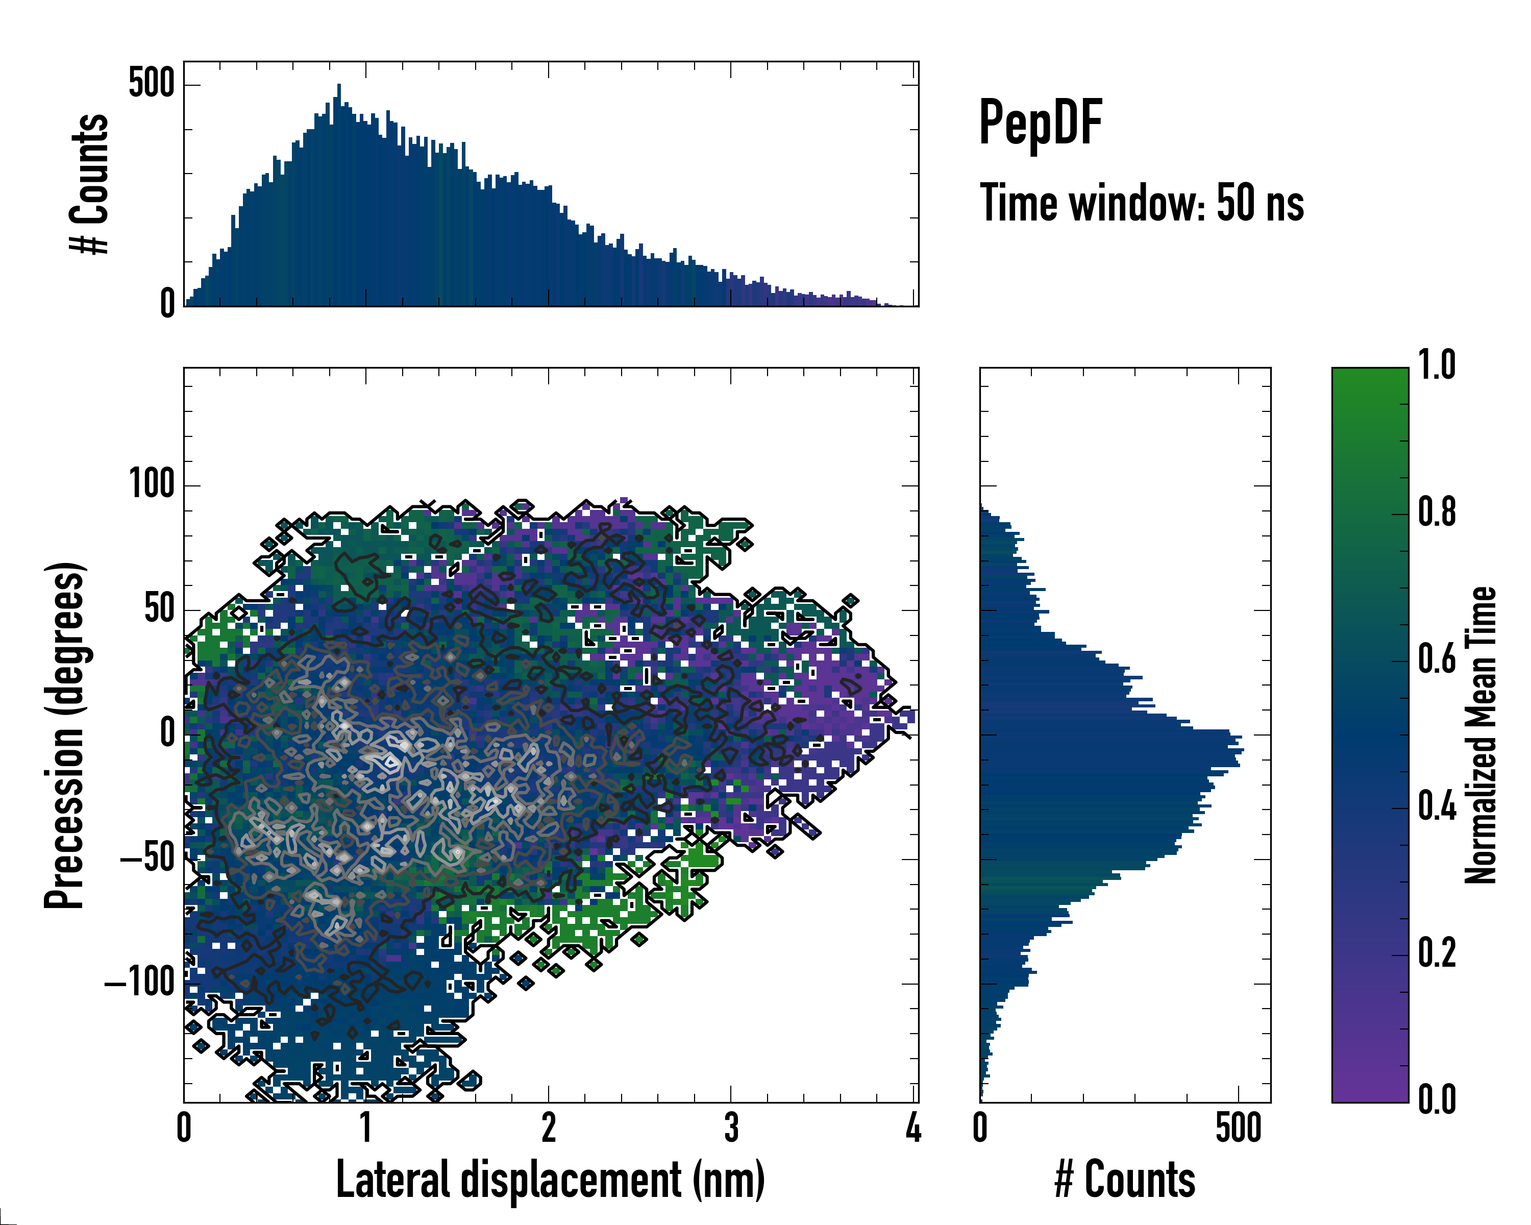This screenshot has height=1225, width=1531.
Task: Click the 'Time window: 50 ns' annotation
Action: [1141, 203]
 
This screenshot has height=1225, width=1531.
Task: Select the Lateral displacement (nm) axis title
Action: [550, 1180]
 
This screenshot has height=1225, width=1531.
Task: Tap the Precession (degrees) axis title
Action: [66, 735]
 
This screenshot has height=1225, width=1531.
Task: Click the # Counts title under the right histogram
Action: [1125, 1180]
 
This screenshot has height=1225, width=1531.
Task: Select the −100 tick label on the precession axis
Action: [140, 983]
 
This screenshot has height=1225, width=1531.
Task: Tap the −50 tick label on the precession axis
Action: [147, 859]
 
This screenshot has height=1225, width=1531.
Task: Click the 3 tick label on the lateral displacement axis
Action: [731, 1128]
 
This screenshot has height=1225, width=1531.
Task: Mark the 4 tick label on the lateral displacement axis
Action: [913, 1128]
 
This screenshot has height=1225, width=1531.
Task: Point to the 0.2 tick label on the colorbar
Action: [1437, 953]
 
